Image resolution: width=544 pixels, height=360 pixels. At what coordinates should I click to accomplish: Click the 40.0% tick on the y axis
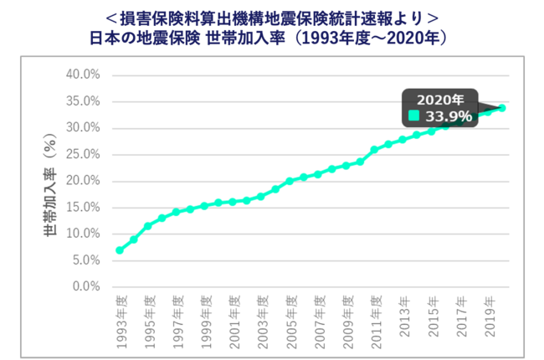tap(83, 75)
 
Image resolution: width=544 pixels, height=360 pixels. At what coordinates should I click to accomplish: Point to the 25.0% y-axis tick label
tap(83, 154)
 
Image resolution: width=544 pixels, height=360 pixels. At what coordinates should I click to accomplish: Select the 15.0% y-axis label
tap(83, 207)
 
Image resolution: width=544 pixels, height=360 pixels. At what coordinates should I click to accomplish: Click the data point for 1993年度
tap(120, 250)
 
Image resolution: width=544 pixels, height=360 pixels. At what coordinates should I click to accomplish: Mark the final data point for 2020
tap(502, 108)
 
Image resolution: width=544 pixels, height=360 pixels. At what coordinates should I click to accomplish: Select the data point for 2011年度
tap(374, 150)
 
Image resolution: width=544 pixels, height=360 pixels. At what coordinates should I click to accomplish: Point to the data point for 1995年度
tap(148, 226)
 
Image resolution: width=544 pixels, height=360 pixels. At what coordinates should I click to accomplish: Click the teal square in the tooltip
tap(413, 116)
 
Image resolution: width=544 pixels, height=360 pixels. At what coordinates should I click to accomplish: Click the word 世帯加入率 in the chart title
tap(241, 38)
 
